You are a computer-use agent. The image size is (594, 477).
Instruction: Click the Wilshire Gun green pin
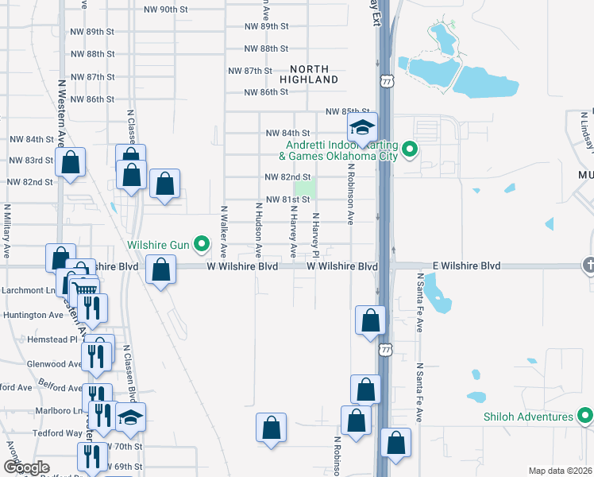tap(202, 244)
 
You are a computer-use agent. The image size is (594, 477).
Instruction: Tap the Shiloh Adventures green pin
tap(585, 417)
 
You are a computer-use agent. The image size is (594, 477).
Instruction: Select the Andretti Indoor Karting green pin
tap(410, 149)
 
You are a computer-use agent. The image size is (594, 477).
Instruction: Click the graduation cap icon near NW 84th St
tap(362, 128)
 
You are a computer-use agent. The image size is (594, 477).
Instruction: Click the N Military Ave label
tap(6, 231)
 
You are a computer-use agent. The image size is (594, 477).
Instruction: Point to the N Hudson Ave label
tap(258, 229)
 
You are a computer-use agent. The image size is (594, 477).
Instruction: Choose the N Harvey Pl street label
tap(315, 235)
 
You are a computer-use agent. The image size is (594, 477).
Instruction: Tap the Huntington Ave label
tap(33, 315)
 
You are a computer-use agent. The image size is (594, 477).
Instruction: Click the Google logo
tap(27, 467)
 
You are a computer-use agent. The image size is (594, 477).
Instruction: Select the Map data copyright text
tap(559, 471)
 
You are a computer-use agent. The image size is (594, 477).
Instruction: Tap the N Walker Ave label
tap(224, 231)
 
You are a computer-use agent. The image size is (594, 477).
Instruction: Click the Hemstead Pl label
tap(40, 339)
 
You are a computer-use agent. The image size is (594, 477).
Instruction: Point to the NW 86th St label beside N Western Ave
tap(93, 99)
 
